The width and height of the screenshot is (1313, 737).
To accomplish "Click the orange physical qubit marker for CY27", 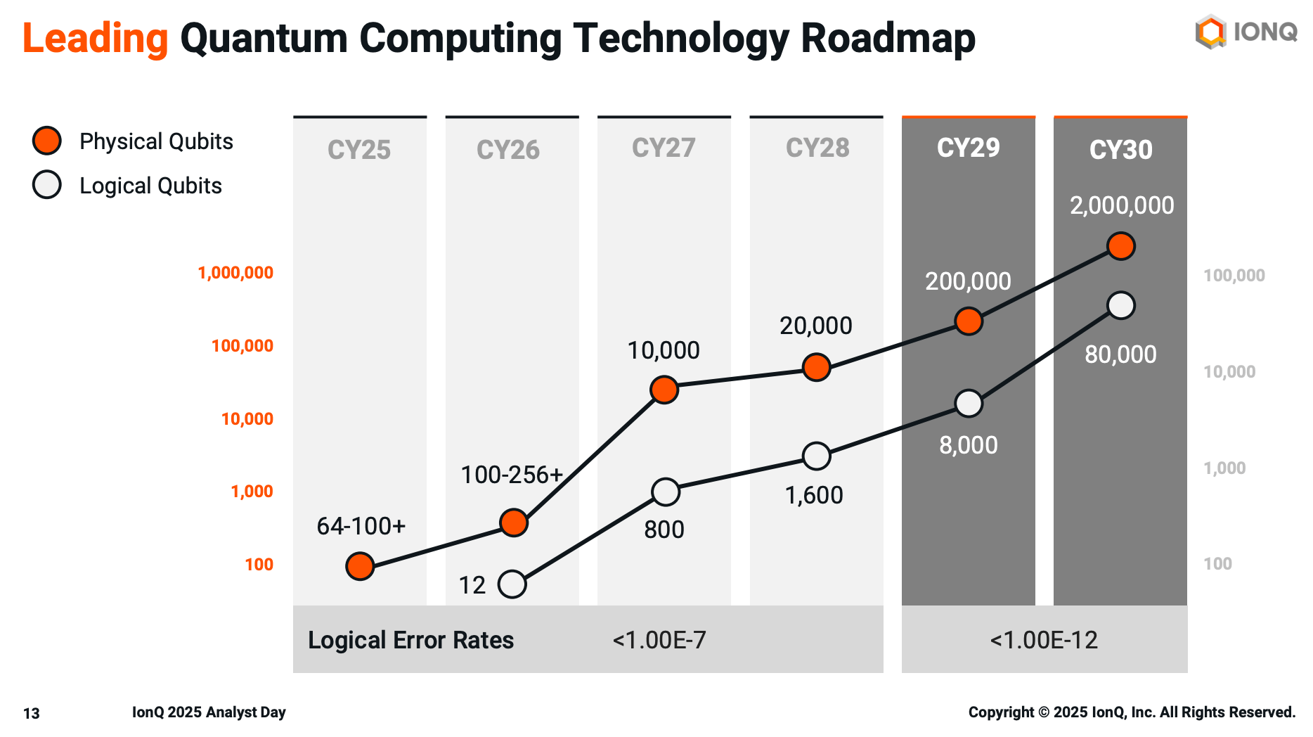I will tap(664, 390).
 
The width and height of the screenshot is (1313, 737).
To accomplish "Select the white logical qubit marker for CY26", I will tap(512, 584).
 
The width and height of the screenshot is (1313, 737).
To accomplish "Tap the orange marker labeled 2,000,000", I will tap(1120, 246).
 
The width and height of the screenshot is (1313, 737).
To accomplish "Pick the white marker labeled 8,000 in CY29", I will tap(969, 404).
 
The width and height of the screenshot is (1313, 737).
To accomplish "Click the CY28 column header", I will tap(817, 148).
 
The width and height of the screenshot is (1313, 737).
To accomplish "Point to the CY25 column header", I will tap(359, 150).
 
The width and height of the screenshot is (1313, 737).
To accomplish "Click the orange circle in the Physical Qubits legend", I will tap(47, 141).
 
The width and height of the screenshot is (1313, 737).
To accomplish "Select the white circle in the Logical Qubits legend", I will tap(47, 185).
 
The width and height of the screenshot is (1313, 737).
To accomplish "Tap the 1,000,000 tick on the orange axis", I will tap(235, 273).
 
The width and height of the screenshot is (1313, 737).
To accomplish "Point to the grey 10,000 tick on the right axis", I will tap(1229, 371).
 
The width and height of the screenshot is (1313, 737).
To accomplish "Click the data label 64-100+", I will tap(361, 525).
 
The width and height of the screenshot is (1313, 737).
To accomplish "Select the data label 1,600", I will tap(814, 495).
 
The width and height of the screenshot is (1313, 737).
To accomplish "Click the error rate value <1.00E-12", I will tap(1043, 640).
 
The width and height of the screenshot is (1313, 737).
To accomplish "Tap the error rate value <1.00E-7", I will tap(659, 640).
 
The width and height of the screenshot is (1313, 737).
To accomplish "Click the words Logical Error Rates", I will tap(410, 640).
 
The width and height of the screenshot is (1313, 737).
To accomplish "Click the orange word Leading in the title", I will tap(95, 38).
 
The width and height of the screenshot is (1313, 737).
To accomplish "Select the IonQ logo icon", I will tap(1210, 32).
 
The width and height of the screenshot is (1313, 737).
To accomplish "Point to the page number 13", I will tap(31, 713).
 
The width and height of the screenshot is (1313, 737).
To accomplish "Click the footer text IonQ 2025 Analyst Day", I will tap(209, 712).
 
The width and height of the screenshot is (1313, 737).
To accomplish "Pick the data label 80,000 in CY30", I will tap(1120, 354).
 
